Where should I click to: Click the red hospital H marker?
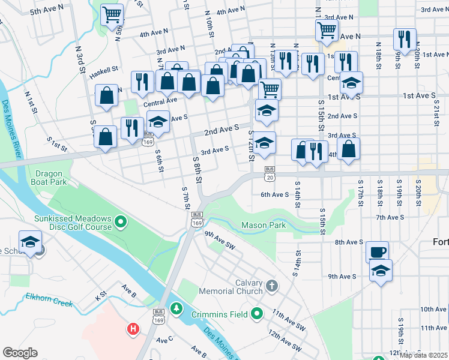click(133, 329)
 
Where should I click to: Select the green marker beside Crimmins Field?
click(258, 314)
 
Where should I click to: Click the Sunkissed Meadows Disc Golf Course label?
click(73, 223)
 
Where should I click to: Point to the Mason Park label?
click(264, 226)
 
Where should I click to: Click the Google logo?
click(20, 353)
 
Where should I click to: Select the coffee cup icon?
click(378, 251)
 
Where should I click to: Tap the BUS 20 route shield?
click(270, 173)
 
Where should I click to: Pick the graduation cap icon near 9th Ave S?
click(380, 271)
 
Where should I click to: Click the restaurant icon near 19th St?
click(405, 39)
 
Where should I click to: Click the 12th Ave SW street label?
click(285, 340)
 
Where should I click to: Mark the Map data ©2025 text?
click(423, 355)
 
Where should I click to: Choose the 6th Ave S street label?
click(275, 194)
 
